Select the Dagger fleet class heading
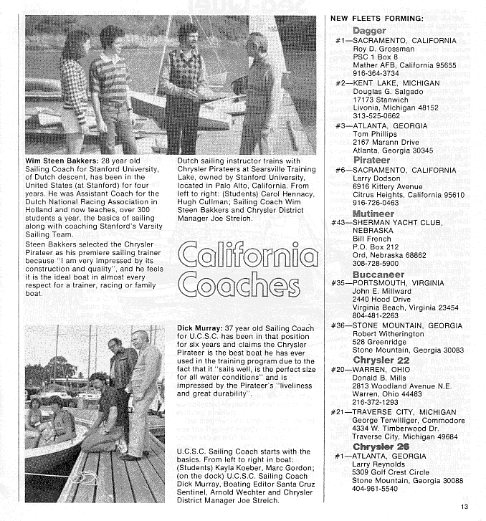click(369, 31)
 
